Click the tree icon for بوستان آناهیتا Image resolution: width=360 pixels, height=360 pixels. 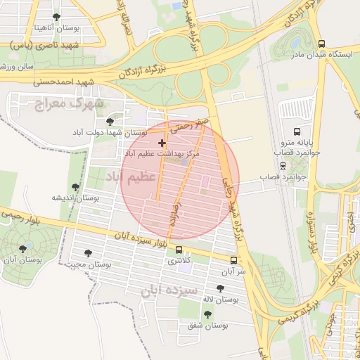pos(56,17)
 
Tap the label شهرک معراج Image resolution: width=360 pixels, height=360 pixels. pos(68,103)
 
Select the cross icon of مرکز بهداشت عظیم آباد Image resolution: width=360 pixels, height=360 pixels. pos(162,143)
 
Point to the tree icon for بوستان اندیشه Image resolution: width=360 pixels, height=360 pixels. pos(75,188)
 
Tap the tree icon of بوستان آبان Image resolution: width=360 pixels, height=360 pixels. pos(23,248)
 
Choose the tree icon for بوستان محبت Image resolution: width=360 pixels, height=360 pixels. pos(88,253)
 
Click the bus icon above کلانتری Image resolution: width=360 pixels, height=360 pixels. pos(179,250)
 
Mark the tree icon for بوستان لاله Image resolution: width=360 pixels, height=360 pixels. pos(220,288)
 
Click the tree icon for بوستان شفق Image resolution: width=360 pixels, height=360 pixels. pos(207,315)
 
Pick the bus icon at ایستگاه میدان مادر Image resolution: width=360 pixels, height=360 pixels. pos(321,44)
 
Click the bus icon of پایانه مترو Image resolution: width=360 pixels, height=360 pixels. pos(297,131)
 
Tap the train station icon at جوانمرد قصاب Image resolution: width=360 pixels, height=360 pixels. pos(283,167)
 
